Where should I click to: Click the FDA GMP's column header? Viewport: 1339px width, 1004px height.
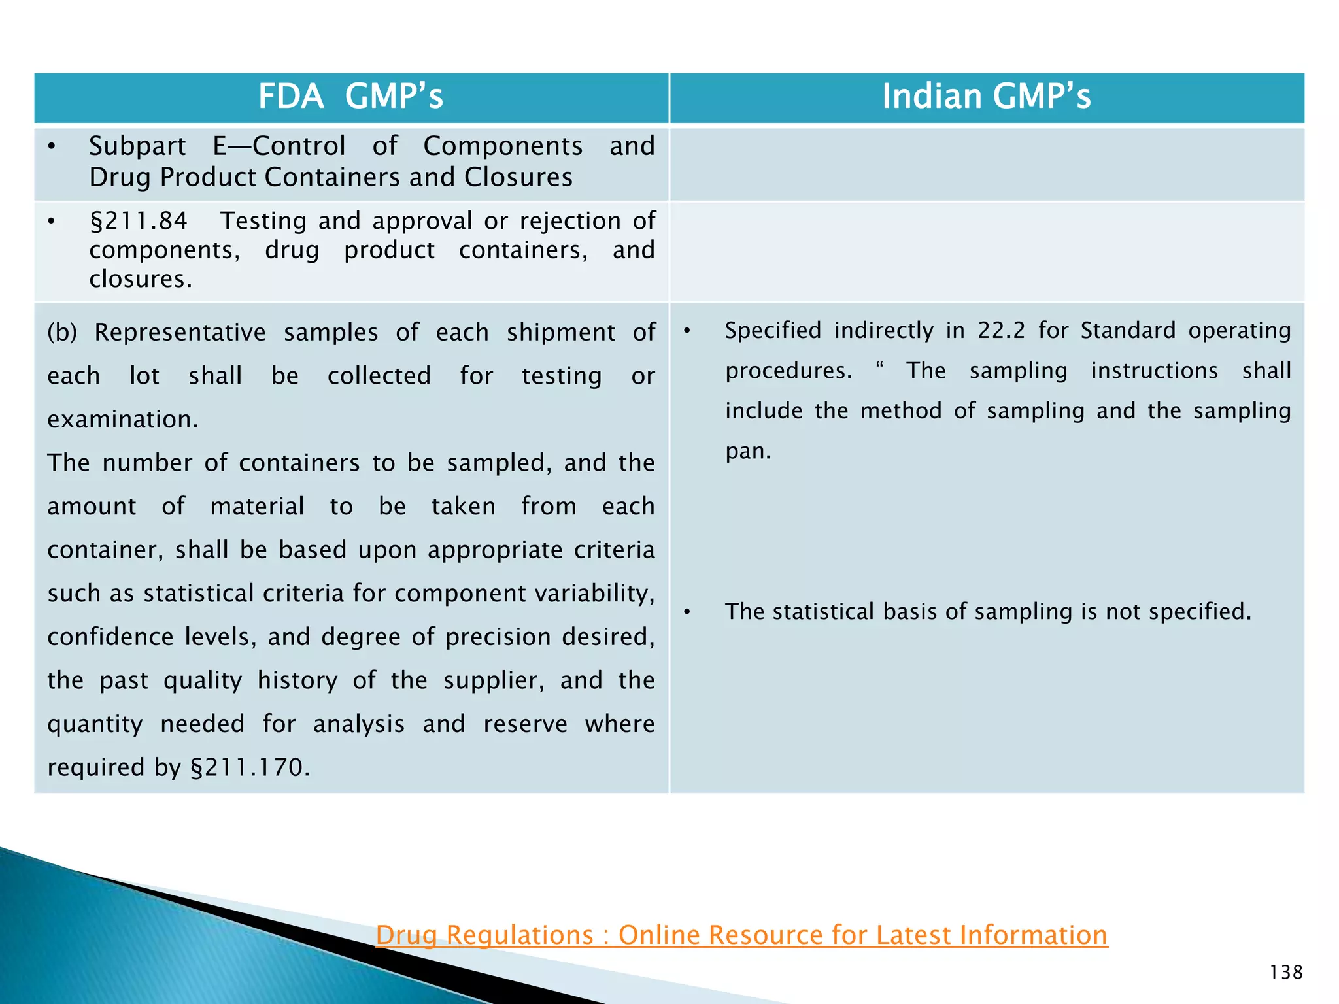pos(350,97)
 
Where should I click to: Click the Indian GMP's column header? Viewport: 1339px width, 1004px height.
pos(986,97)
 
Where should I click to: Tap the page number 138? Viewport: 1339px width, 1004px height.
pos(1286,973)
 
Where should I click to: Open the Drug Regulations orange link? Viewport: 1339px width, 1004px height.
pos(741,935)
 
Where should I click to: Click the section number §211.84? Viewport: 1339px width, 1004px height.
pos(138,221)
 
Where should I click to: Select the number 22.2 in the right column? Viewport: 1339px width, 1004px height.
pos(1002,331)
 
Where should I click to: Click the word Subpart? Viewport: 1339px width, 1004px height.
pos(137,146)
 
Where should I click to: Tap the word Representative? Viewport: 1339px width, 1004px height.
pos(180,333)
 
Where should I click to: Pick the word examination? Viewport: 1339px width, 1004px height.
pos(122,420)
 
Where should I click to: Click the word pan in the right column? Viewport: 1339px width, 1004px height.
pos(747,452)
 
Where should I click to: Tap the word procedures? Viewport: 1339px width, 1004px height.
pos(788,371)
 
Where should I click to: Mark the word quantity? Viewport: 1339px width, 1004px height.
pos(95,724)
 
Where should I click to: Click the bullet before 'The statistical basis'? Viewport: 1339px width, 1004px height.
pos(686,612)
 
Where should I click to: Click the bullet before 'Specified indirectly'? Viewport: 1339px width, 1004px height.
pos(686,331)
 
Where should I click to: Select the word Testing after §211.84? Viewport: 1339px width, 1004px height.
pos(263,221)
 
